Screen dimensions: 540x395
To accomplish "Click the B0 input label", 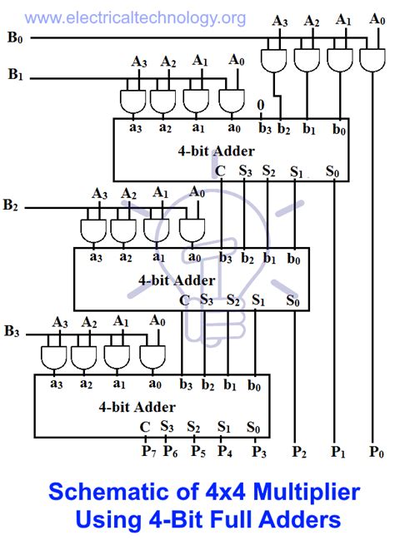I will [x=15, y=37].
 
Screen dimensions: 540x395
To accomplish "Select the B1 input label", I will [x=16, y=75].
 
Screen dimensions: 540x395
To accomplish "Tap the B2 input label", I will [x=11, y=204].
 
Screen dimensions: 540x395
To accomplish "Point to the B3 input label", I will [x=12, y=332].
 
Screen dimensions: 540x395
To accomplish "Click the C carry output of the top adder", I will [x=220, y=171].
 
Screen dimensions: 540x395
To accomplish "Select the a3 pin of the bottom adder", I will [x=56, y=384].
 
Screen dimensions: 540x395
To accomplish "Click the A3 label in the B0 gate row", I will [x=281, y=22].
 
